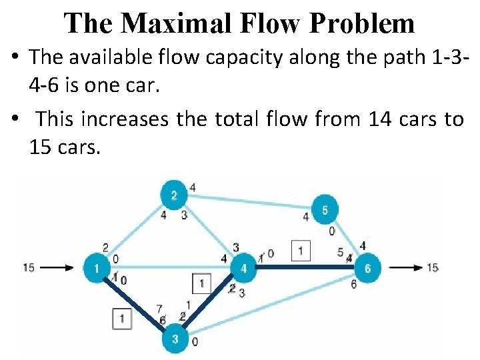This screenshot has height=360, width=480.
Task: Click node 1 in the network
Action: coord(97,268)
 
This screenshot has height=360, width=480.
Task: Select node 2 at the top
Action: coord(174,195)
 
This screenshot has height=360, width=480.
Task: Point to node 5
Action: coord(325,209)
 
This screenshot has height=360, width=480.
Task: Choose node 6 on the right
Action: coord(367,268)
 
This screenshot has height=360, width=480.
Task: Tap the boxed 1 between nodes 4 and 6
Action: coord(301,251)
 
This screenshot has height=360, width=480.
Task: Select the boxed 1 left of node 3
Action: coord(122,319)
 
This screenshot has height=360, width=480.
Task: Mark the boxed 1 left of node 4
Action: coord(201,283)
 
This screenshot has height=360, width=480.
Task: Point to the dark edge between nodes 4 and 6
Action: coord(304,267)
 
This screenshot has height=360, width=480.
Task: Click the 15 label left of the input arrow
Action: coord(29,268)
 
